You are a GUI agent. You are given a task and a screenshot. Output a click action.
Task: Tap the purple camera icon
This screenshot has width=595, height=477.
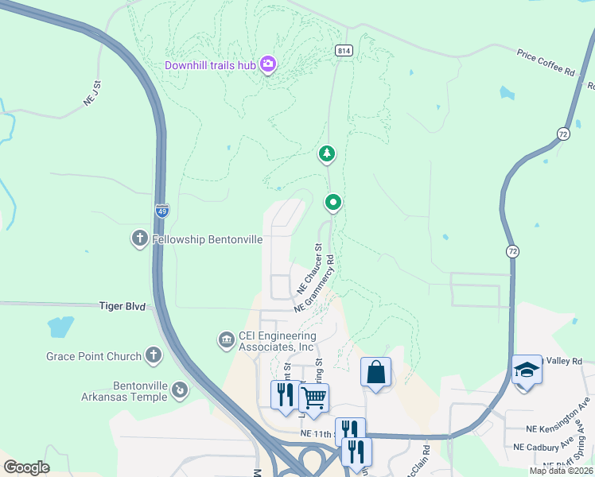click(x=268, y=64)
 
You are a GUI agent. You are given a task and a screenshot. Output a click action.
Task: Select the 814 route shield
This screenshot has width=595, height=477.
click(x=343, y=50)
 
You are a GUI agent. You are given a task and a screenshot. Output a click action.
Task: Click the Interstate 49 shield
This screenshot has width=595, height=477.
click(x=162, y=210)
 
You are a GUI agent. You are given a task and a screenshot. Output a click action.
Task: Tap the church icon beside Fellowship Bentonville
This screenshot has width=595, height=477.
click(x=139, y=238)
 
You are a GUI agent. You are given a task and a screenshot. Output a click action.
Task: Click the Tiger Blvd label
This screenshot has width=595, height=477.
click(x=123, y=305)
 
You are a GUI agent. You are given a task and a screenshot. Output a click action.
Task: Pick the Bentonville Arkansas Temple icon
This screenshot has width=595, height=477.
click(x=181, y=390)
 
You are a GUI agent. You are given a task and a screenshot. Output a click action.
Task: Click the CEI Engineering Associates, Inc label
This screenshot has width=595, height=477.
click(x=277, y=341)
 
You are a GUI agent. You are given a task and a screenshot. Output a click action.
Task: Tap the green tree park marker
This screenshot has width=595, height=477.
click(x=326, y=153)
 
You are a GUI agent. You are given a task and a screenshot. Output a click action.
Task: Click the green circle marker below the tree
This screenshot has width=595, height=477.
click(x=333, y=204)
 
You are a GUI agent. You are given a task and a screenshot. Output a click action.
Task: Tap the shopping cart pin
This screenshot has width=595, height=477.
click(x=314, y=397)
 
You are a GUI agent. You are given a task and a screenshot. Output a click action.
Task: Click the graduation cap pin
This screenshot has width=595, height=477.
click(x=526, y=370)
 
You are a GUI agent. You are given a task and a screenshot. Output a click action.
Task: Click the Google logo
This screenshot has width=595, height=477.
click(x=26, y=467)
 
